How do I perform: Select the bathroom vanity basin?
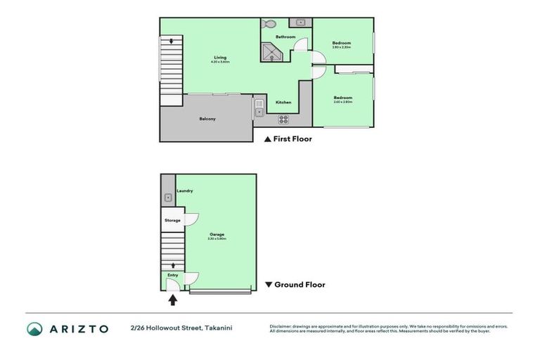tap(300, 22)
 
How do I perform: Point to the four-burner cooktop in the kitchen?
tap(284, 119)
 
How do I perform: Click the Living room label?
tap(220, 58)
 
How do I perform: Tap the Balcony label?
tap(207, 119)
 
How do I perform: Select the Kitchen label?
tap(283, 103)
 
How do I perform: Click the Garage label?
tap(217, 235)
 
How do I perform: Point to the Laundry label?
tap(185, 191)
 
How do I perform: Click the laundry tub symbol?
tap(167, 198)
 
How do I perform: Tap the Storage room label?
tap(172, 221)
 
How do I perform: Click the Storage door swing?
tap(190, 218)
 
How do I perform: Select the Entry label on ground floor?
tap(172, 275)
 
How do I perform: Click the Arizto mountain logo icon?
tap(34, 328)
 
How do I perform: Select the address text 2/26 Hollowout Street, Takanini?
tap(181, 328)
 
